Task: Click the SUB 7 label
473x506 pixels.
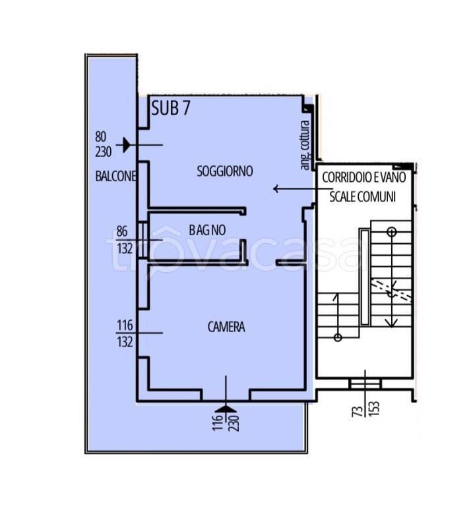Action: point(171,108)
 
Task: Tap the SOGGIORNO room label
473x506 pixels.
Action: point(225,171)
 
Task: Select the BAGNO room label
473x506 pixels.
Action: point(207,230)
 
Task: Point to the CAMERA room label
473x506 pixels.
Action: point(226,327)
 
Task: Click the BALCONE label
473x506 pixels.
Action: point(115,176)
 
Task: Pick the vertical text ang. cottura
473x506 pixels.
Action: point(305,145)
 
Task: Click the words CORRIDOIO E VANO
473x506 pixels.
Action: point(363,177)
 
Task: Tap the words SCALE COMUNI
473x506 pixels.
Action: point(363,196)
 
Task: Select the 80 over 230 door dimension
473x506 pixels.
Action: point(104,144)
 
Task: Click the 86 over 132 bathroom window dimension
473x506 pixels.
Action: point(125,240)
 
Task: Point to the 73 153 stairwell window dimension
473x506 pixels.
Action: point(365,409)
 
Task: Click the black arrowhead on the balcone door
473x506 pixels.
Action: point(126,145)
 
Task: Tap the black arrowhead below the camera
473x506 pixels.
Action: point(226,409)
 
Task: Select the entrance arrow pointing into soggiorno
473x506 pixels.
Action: point(303,188)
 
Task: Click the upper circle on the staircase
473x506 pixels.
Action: point(392,232)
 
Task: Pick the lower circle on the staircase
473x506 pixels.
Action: point(338,337)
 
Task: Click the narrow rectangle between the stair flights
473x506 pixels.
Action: point(365,277)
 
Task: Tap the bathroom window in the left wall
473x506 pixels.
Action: point(143,240)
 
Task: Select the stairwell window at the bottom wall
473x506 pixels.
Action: point(365,383)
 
